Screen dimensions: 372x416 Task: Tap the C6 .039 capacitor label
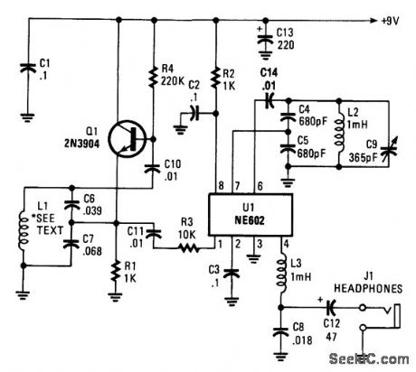point(88,206)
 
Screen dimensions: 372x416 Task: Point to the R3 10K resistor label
point(185,222)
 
